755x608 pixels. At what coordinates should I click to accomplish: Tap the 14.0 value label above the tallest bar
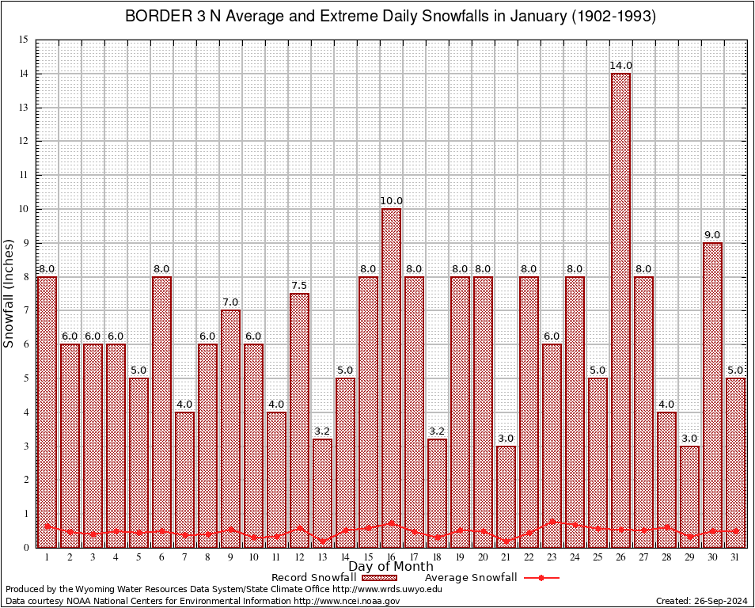point(621,65)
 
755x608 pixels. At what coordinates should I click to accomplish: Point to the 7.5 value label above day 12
point(299,285)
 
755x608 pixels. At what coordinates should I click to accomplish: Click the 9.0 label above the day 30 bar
point(712,234)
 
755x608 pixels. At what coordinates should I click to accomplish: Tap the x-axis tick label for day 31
point(735,557)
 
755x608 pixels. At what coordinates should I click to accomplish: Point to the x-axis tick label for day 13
point(322,557)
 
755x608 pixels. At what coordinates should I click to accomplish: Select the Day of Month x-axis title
point(391,567)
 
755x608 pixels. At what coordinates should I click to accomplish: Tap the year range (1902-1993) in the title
point(613,17)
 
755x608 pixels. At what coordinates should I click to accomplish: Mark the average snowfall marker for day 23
point(552,522)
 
